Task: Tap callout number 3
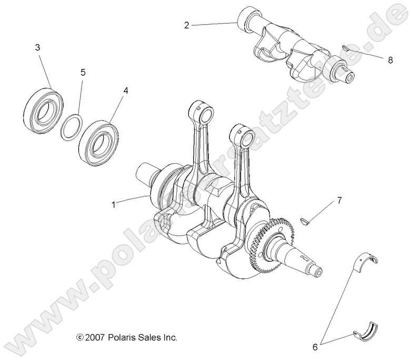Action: (37, 48)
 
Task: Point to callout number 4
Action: (125, 91)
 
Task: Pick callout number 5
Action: (83, 72)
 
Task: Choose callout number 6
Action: (315, 347)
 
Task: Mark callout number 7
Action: (339, 200)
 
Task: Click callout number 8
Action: (390, 60)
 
